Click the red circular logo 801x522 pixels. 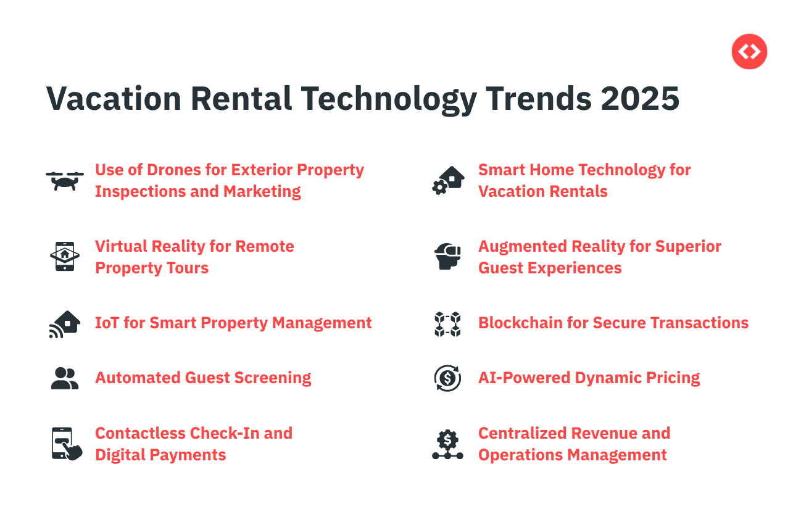(x=749, y=51)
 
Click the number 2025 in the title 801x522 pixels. (x=640, y=99)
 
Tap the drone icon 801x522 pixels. (x=65, y=181)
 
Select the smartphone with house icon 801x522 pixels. (x=65, y=256)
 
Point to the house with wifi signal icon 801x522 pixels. (x=65, y=324)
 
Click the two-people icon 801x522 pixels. (x=65, y=378)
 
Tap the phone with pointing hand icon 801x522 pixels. (x=67, y=444)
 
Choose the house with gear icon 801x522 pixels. (x=448, y=181)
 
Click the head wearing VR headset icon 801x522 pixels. (x=447, y=256)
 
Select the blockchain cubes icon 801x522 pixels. (x=447, y=324)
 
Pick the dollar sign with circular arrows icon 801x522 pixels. (x=447, y=378)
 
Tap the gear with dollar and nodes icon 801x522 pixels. (x=447, y=444)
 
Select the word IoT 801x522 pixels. (x=107, y=323)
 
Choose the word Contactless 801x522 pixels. (x=141, y=433)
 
